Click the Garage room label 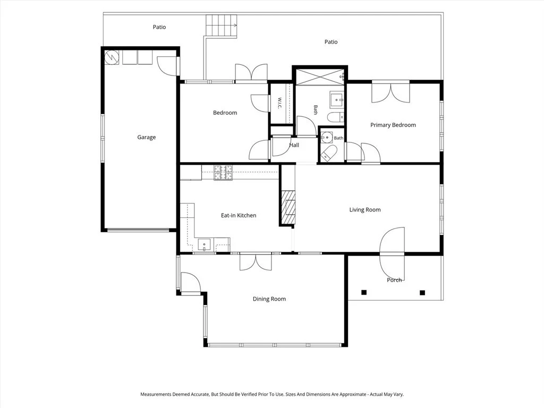(147, 137)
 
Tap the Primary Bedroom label (393, 125)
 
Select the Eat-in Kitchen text (239, 216)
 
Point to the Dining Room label (269, 299)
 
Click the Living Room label (365, 209)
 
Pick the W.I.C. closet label (279, 103)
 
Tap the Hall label (294, 145)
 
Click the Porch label (395, 280)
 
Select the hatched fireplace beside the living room (288, 208)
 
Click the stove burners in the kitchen (223, 173)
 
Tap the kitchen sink (204, 244)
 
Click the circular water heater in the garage (112, 57)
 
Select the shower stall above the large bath (320, 76)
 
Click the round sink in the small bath (326, 138)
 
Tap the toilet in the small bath (329, 153)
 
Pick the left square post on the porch (364, 293)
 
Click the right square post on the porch (422, 293)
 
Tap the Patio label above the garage (159, 27)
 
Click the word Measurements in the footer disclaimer (156, 395)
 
